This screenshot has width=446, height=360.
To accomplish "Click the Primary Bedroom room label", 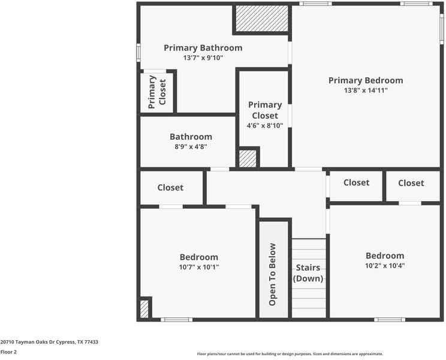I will coord(366,80).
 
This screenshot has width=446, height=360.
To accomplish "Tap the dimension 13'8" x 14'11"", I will coord(366,91).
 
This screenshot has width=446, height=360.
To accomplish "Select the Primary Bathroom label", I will coord(203,48).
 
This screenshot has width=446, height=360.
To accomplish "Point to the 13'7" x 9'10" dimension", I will coord(203,58).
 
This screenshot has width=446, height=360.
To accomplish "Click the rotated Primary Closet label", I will coord(157,91).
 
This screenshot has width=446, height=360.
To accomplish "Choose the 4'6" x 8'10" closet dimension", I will coord(265,125).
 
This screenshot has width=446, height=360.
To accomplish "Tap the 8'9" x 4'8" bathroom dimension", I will coord(191,146).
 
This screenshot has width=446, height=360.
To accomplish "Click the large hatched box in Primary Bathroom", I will coord(261,19).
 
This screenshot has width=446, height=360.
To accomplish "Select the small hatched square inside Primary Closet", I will coord(248,158).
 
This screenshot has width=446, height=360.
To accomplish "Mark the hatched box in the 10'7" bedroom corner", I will coord(144,309).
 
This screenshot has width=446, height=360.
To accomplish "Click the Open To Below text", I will coord(273,274).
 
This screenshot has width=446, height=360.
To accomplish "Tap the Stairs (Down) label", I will coord(308,273).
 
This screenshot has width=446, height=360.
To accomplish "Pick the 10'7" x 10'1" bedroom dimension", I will coord(199,267).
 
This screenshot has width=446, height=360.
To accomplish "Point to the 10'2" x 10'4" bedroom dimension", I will coord(385,265).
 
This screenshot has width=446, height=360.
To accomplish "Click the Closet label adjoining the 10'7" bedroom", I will coord(170,188).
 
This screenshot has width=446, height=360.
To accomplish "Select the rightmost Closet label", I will coord(411,183).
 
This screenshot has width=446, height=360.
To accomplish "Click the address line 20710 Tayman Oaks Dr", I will coord(49,342).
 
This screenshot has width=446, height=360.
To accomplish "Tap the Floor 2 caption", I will coord(8,352).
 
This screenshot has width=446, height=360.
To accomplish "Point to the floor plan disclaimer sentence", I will coord(290,354).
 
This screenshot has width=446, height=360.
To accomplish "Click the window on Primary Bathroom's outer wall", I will coord(138,52).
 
